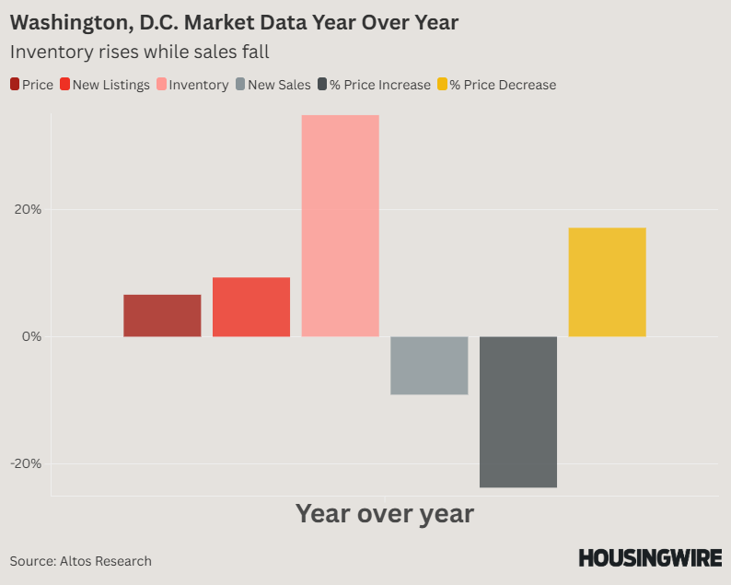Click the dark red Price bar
162,315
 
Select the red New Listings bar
251,307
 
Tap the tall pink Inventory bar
340,226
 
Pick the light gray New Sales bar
429,365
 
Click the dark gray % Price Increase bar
518,411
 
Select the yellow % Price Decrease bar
607,282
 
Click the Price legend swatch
15,85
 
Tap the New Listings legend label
110,85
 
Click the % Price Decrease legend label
503,85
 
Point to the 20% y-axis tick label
27,209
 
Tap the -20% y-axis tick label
25,463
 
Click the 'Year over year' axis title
384,513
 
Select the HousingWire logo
650,557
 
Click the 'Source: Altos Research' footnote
81,561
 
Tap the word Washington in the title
68,20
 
